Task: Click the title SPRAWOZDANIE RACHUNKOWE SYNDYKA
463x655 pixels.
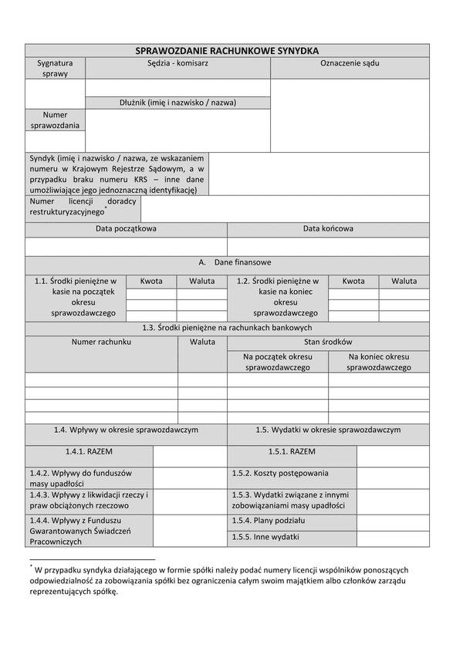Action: point(227,50)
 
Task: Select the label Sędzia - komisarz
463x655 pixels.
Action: point(177,64)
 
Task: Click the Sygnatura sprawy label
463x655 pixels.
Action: point(55,69)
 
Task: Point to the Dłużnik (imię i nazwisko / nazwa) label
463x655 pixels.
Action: point(177,103)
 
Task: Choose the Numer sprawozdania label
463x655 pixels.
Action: point(55,120)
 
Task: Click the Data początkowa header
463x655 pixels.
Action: point(126,229)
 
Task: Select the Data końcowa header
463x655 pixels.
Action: point(328,229)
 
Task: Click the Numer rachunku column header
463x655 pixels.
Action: point(101,341)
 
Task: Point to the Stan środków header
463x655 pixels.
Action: point(328,341)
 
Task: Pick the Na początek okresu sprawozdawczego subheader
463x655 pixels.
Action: point(277,363)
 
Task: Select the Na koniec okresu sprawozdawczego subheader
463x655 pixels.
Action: point(378,363)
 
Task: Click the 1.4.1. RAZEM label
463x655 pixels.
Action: point(89,451)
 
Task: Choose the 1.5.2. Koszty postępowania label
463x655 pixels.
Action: point(280,473)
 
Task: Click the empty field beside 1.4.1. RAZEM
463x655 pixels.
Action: point(190,456)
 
